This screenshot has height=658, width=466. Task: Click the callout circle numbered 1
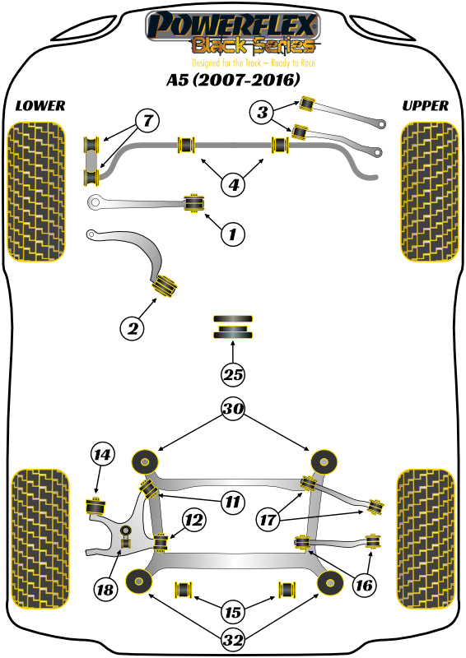click(x=233, y=234)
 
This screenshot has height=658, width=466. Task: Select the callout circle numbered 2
click(x=131, y=329)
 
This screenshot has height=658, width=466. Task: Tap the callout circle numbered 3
click(x=262, y=113)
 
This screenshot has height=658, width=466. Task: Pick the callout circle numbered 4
click(x=234, y=185)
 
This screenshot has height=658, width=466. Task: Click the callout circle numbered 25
click(x=234, y=375)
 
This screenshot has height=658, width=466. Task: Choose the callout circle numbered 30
click(x=234, y=408)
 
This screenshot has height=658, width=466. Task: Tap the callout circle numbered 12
click(x=194, y=520)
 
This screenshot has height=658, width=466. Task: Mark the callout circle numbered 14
click(x=101, y=453)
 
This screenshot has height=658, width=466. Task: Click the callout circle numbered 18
click(x=105, y=588)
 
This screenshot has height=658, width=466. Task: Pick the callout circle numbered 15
click(x=234, y=612)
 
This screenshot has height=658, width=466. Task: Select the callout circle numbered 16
click(x=363, y=585)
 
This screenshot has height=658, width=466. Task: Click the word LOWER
click(x=40, y=106)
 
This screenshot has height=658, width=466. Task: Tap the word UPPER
click(x=425, y=106)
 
